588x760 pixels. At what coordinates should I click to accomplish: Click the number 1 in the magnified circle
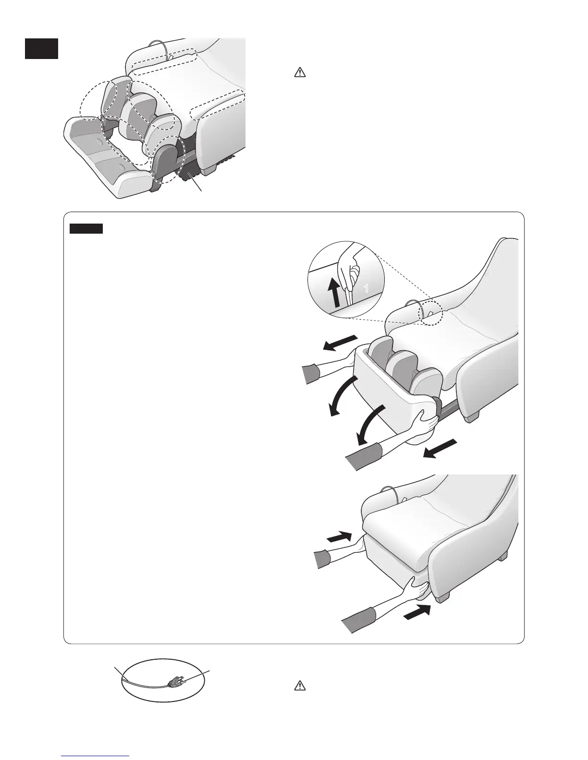[x=366, y=289]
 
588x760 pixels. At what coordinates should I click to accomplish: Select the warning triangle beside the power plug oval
[x=299, y=686]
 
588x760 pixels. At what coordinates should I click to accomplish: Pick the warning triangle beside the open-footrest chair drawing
[x=299, y=73]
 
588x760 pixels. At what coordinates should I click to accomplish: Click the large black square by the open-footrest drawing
[x=42, y=48]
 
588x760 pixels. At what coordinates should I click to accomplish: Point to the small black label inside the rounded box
[x=86, y=228]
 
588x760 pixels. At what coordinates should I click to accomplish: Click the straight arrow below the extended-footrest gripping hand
[x=438, y=449]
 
